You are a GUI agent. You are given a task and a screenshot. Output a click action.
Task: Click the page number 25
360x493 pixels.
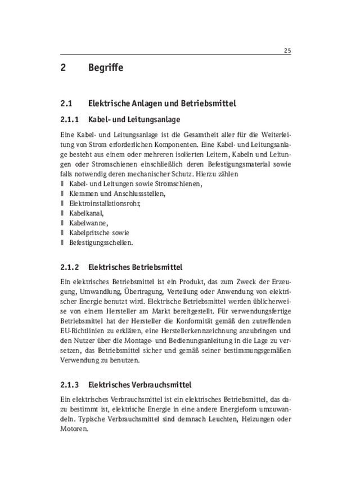pyautogui.click(x=287, y=51)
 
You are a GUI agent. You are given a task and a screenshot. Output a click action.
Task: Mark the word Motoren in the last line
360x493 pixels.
pyautogui.click(x=74, y=429)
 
